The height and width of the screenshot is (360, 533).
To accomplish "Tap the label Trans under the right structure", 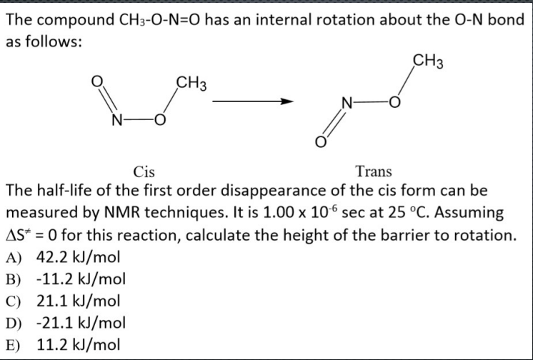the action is pyautogui.click(x=372, y=171).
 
